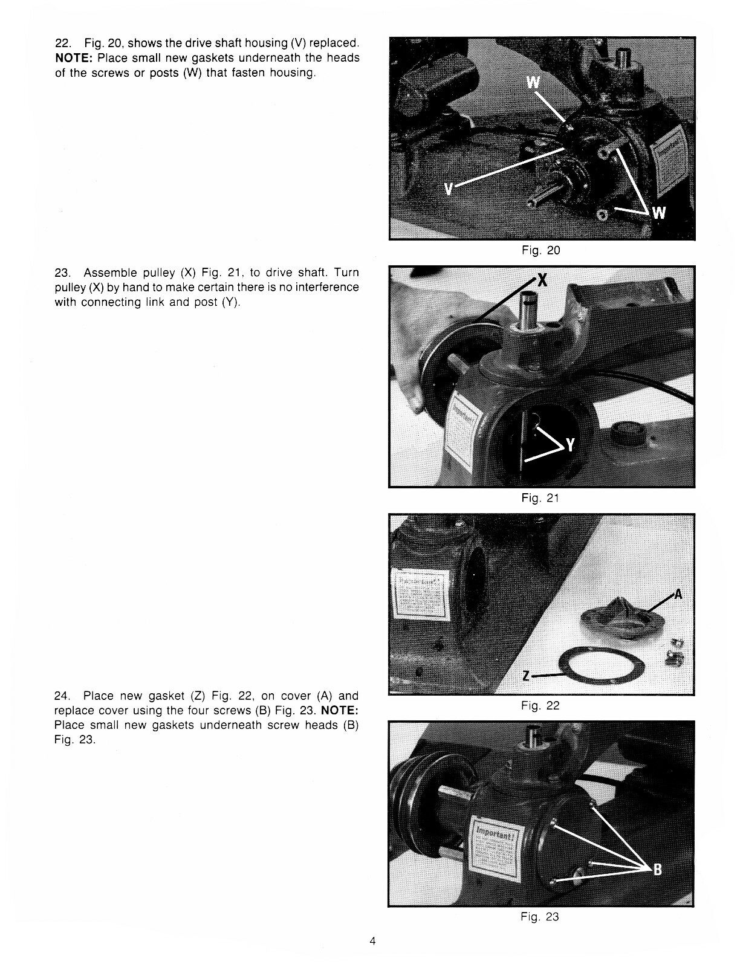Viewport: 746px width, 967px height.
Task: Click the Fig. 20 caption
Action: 540,250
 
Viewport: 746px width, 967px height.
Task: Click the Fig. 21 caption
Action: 540,498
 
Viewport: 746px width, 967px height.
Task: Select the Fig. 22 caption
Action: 540,705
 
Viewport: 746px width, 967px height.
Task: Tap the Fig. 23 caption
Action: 540,917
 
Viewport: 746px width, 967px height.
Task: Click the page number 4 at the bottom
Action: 373,941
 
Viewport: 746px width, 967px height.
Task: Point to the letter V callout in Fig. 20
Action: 448,189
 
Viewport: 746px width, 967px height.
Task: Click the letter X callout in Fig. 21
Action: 542,280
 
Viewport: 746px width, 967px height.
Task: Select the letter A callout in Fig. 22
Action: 678,595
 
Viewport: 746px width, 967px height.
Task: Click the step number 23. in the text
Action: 63,273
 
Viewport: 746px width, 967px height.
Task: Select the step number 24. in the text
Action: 63,696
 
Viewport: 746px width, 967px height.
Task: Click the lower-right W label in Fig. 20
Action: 660,213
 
